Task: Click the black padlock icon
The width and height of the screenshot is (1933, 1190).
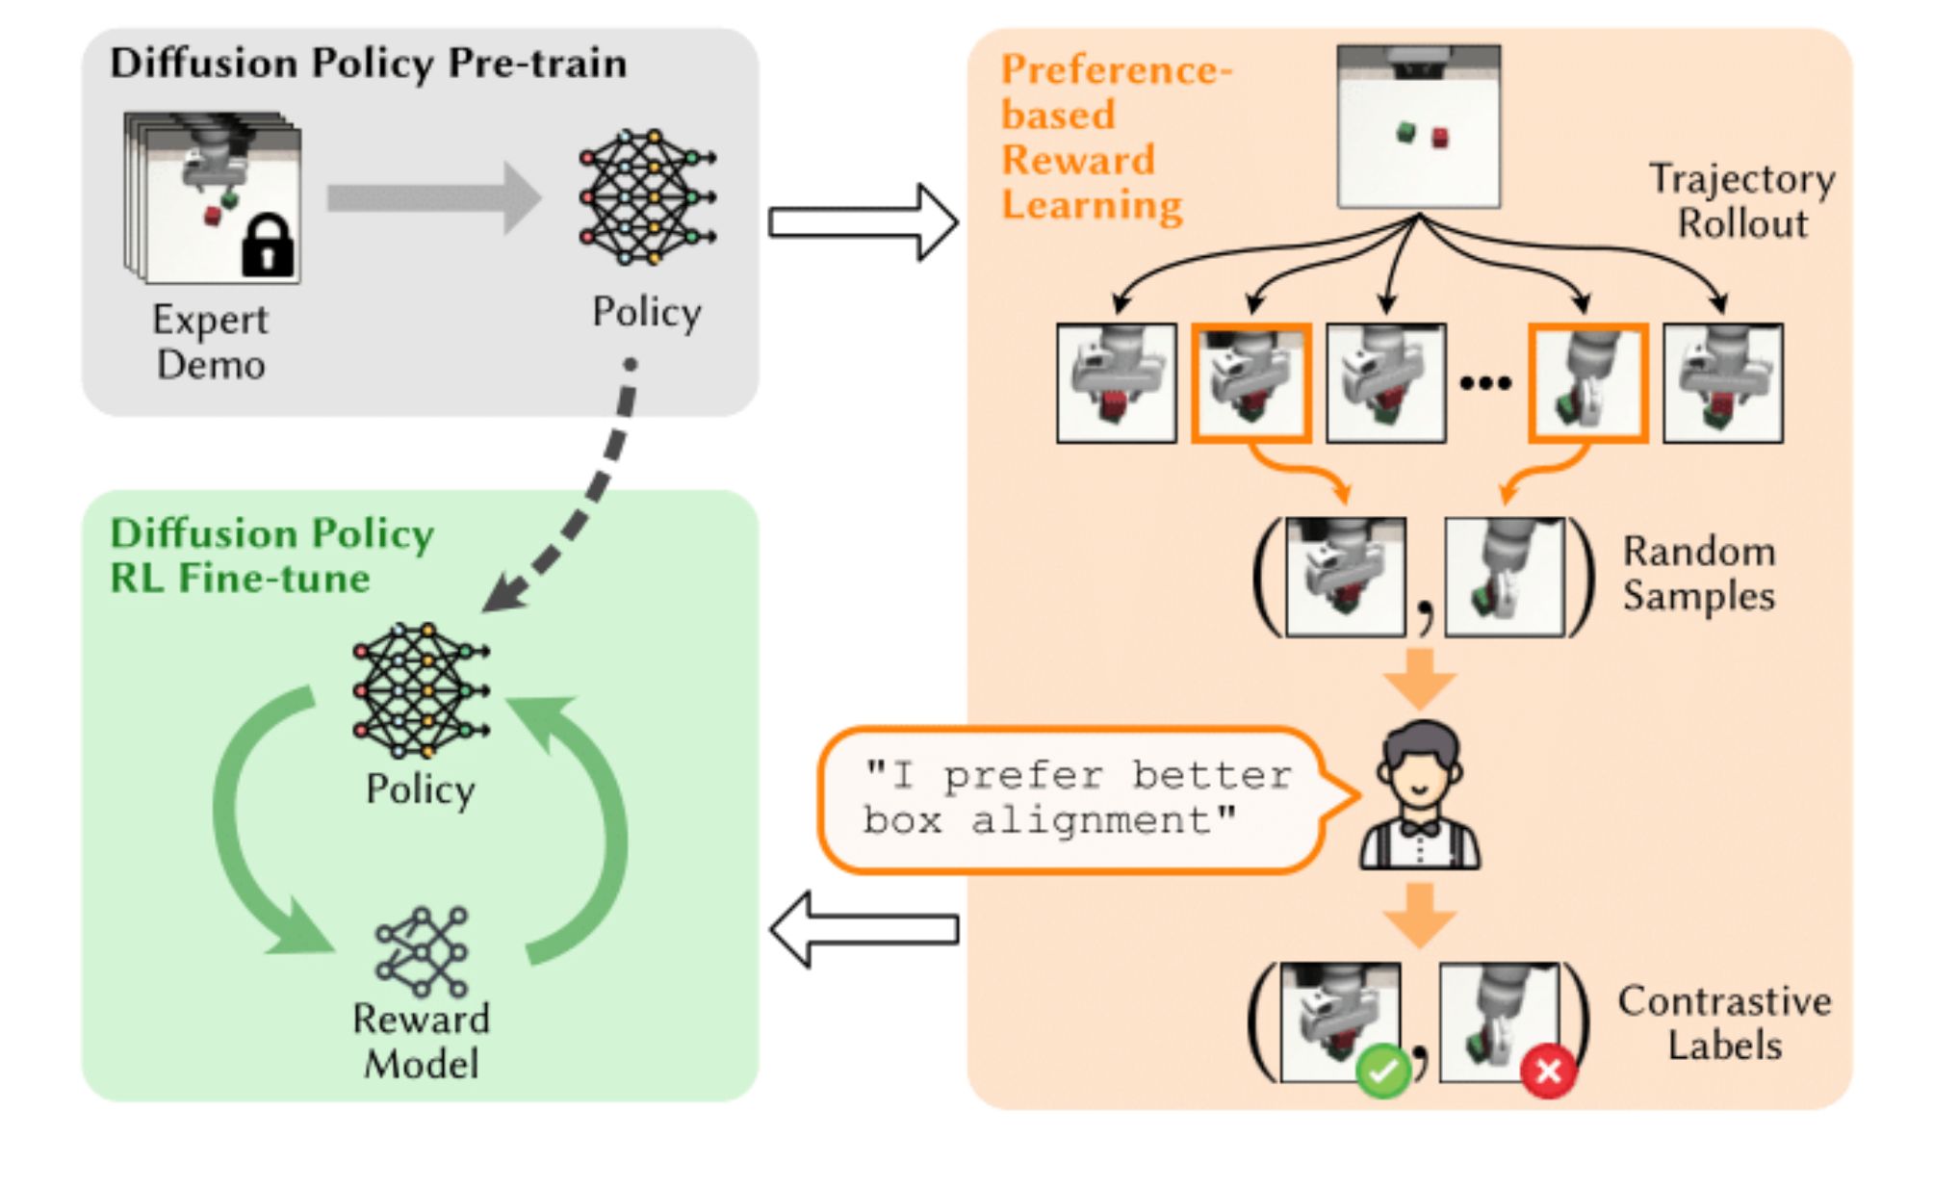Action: (268, 246)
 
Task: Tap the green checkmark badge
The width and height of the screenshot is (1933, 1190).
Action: (1382, 1072)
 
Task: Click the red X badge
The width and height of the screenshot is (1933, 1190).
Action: (1548, 1071)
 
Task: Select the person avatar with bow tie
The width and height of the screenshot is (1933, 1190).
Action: (1420, 795)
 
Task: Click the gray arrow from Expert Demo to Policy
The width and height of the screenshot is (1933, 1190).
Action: (434, 198)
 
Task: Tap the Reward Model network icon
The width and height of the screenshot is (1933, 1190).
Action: (422, 951)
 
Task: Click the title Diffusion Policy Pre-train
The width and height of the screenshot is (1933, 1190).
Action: (368, 64)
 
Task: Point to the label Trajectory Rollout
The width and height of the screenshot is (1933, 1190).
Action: (1742, 201)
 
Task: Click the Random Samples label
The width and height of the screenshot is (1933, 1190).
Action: (1699, 574)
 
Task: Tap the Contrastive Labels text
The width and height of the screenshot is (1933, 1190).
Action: (1724, 1023)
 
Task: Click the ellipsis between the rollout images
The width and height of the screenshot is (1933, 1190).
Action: (1485, 383)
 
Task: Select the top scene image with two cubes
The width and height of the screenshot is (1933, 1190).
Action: (1418, 126)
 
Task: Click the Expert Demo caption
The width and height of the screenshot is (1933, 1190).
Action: (211, 343)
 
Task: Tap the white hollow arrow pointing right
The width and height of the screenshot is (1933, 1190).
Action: (863, 222)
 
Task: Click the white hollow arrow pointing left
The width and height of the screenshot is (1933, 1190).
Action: (864, 929)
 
